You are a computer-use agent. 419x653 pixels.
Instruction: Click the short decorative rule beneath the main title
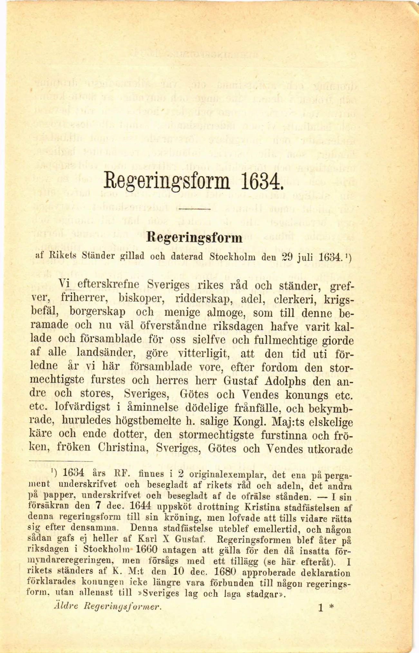pyautogui.click(x=194, y=209)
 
